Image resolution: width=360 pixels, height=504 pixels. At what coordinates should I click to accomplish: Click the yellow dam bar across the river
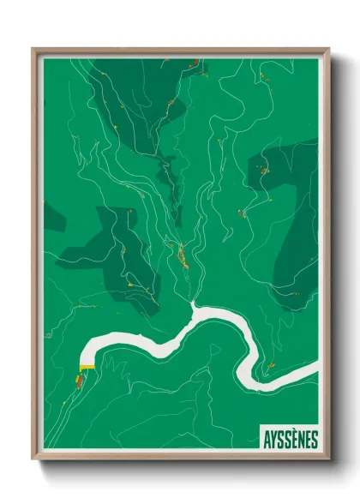click(86, 367)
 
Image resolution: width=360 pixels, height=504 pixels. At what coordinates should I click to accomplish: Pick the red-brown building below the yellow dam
click(80, 380)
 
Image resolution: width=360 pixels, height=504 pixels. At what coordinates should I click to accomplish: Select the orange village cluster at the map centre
click(182, 254)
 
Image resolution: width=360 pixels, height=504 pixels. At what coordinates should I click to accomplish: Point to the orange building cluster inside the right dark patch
click(264, 171)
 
